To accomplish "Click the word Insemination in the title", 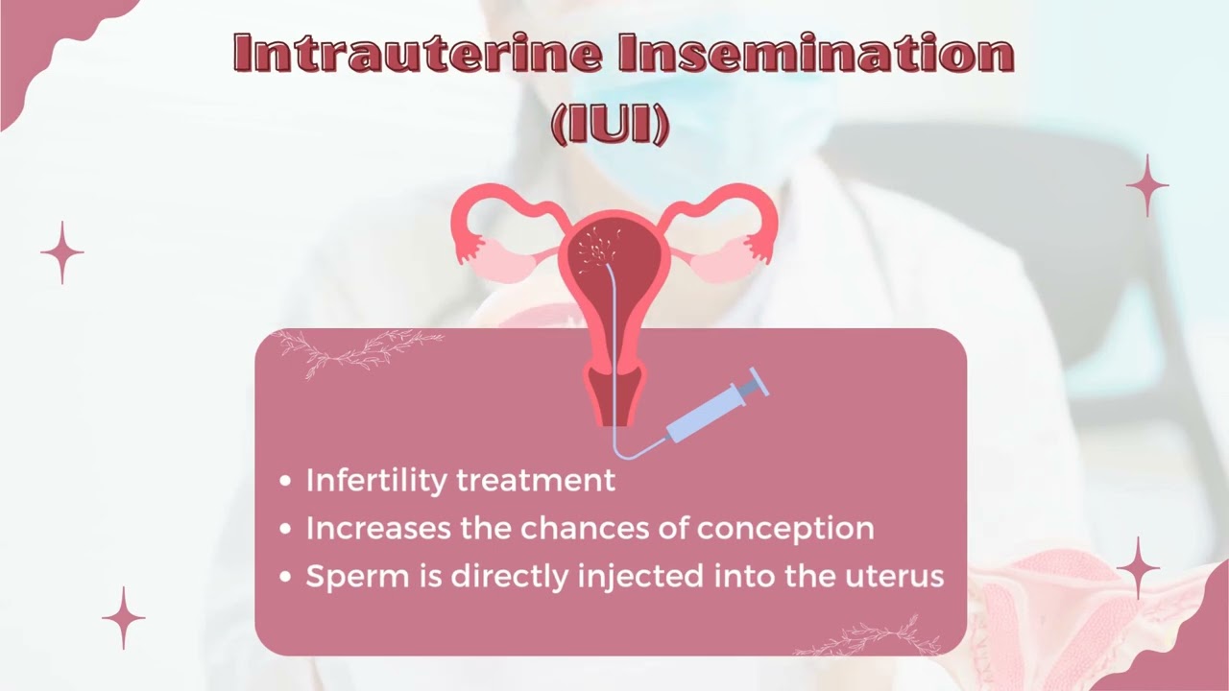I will click(816, 55).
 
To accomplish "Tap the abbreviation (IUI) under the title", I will click(611, 125).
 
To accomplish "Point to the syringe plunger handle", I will click(756, 381).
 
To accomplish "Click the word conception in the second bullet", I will click(784, 528).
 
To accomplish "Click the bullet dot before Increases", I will click(285, 529).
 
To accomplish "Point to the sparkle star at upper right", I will click(1146, 185).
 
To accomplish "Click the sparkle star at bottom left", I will click(123, 617).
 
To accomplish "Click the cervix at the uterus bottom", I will click(614, 393).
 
